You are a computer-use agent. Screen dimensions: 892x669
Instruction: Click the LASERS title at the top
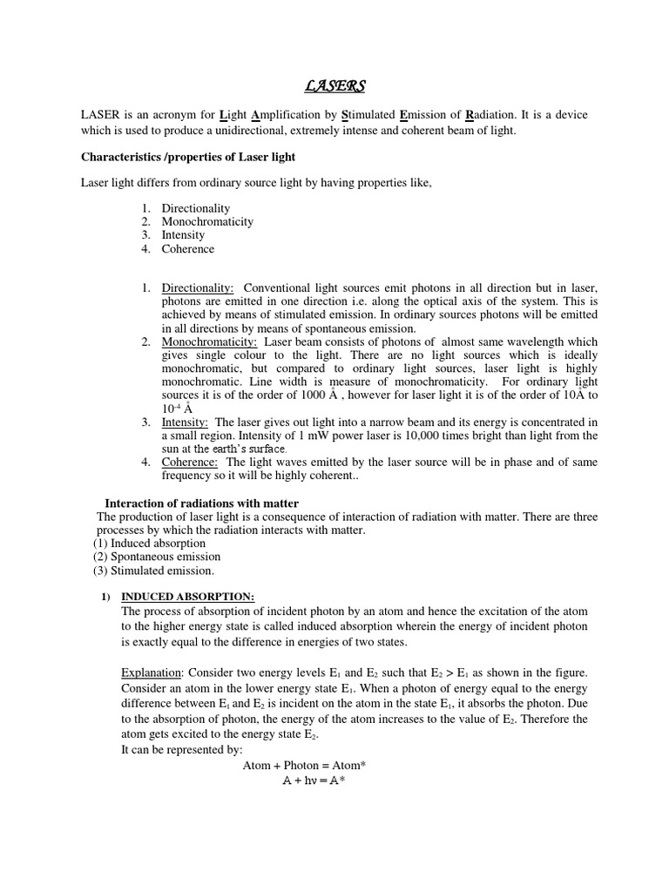335,85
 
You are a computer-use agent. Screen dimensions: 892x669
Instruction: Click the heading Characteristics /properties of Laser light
188,157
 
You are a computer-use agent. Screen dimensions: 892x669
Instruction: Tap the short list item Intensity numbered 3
183,235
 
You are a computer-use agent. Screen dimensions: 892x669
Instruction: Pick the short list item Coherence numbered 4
187,249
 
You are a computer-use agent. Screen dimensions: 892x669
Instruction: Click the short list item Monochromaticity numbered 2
207,221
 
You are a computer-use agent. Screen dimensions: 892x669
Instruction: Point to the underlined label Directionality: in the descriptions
197,287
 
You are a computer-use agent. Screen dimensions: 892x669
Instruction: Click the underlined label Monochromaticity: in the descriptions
209,342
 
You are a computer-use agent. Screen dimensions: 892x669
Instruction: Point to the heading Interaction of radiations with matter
202,503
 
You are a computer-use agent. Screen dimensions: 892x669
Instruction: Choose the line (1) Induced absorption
150,543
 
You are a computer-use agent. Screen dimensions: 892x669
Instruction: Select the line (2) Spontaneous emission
157,557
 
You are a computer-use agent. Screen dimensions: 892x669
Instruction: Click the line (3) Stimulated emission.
153,571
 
